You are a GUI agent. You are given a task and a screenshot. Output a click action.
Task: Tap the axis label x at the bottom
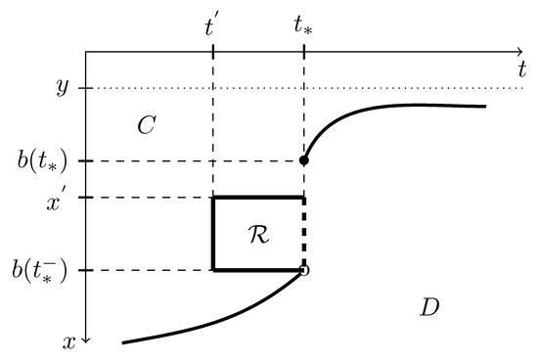[x=69, y=342]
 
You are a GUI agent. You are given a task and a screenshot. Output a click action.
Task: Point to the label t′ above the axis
[x=212, y=26]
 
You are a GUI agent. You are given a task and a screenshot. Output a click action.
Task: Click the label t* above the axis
[x=304, y=27]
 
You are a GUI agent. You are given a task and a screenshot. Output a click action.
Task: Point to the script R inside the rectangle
[x=259, y=235]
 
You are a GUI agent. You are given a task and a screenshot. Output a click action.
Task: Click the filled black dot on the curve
[x=304, y=160]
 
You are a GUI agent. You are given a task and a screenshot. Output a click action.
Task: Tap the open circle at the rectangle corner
[x=304, y=270]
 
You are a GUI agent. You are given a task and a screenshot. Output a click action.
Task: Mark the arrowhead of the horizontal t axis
[x=519, y=50]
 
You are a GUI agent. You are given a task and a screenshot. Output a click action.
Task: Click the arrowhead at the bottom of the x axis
[x=86, y=340]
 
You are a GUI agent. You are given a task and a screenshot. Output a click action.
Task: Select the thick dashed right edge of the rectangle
[x=304, y=233]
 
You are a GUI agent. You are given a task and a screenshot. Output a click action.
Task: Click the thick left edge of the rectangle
[x=213, y=233]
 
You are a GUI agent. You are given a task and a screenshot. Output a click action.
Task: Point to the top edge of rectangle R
[x=259, y=198]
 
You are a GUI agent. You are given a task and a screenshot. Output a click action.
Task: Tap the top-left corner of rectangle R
[x=213, y=198]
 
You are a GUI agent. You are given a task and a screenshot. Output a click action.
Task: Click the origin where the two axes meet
[x=86, y=50]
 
